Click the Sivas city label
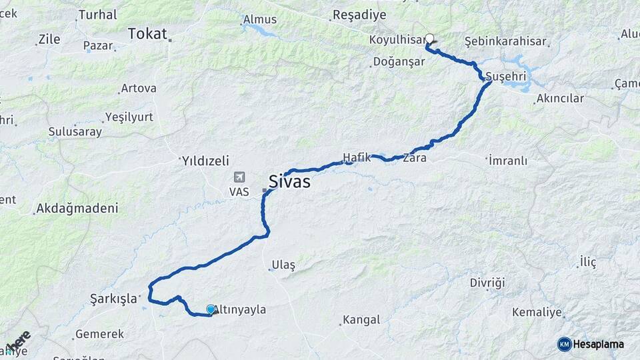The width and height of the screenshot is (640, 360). [289, 181]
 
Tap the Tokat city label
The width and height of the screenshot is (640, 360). [147, 34]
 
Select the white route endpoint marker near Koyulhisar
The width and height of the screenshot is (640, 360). [429, 39]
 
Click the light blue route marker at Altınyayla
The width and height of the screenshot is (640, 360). [211, 309]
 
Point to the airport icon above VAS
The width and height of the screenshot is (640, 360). [239, 177]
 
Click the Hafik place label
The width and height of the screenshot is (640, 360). [356, 157]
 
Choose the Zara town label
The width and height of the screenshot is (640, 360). [414, 159]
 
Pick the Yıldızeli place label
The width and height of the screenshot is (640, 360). [205, 161]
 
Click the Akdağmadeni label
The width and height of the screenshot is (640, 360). [77, 209]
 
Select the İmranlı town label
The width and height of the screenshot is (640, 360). [507, 161]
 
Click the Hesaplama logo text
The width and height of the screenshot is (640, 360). [599, 344]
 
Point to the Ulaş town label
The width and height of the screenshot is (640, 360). [283, 265]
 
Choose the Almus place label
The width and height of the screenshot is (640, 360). [259, 20]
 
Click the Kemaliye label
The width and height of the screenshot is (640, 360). [537, 312]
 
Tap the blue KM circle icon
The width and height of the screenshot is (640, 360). [564, 344]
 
